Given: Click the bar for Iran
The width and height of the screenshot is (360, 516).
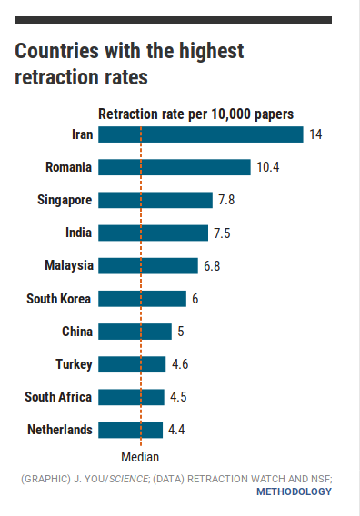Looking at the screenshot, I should point(200,134).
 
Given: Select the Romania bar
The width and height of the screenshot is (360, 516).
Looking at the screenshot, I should point(174,167).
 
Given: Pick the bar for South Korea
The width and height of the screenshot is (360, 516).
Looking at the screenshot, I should point(142,298).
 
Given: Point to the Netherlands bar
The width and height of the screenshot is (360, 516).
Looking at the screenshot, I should point(130,430).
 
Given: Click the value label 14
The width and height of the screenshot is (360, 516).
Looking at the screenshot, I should point(316,134).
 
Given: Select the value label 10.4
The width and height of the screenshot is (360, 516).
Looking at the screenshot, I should point(268,167).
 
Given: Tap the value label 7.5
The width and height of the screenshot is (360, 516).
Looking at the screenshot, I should point(222,233).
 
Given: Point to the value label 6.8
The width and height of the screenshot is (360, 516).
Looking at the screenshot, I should point(213,266).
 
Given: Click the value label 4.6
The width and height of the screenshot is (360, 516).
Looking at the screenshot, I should point(181,364).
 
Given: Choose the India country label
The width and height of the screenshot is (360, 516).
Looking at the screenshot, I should point(78,233).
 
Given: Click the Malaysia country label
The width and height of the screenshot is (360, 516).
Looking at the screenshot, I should point(69,266).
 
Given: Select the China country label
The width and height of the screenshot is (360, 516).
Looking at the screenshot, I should point(77,332).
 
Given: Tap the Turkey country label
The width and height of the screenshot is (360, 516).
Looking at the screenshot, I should point(74,364).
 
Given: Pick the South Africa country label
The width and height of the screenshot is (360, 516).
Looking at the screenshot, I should point(58,397).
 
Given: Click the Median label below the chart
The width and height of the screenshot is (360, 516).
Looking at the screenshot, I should point(140,458).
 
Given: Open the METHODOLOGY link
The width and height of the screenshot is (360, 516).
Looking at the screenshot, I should point(294,491).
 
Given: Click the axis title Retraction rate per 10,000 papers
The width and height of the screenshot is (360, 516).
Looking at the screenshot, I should point(195,114).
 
